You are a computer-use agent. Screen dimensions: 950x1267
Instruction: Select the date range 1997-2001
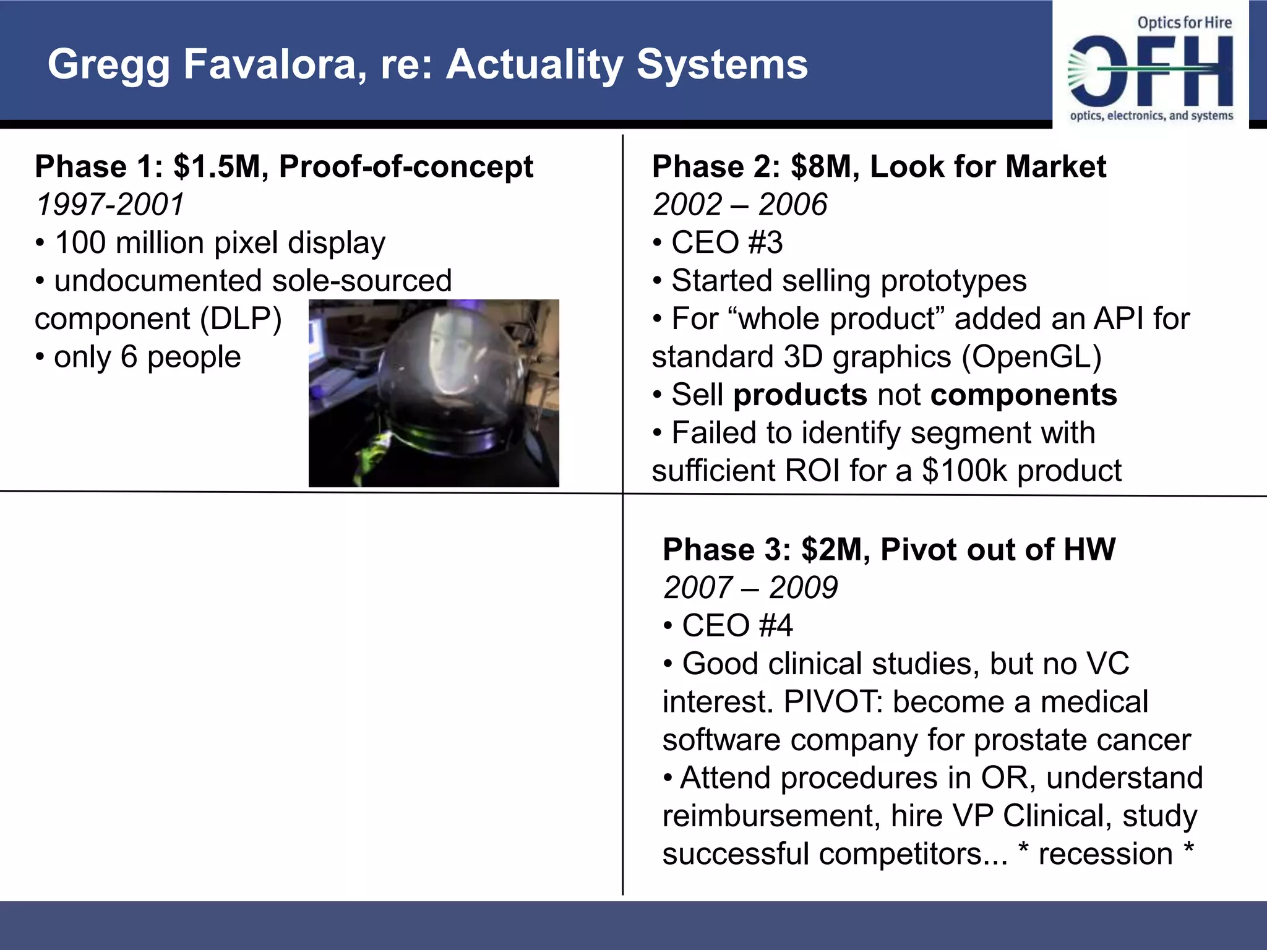click(110, 205)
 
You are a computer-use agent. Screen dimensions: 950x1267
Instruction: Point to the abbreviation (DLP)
click(241, 319)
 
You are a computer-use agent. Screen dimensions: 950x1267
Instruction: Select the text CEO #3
click(726, 242)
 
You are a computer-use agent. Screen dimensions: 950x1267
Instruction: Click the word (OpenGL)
click(1032, 357)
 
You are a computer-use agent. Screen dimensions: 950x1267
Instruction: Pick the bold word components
click(1023, 395)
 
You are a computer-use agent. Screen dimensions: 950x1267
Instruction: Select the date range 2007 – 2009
click(750, 588)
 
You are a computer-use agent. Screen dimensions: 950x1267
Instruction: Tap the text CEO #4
click(737, 626)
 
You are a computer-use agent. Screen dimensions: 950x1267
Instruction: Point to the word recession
click(1105, 854)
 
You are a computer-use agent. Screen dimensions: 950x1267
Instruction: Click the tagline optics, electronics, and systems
click(1151, 116)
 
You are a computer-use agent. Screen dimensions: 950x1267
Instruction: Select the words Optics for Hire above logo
click(1184, 23)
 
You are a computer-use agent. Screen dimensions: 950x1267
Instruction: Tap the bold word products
click(800, 395)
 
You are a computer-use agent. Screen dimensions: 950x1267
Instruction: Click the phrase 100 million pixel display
click(220, 242)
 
